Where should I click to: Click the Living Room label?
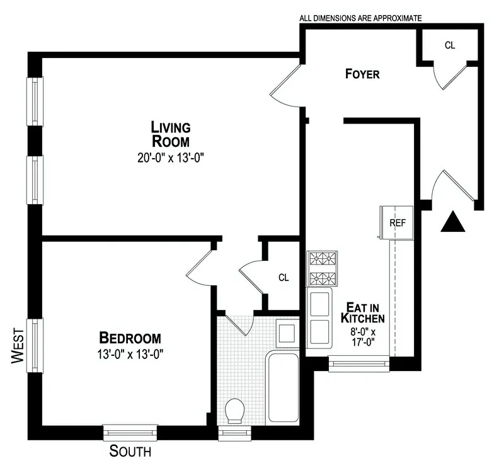pyautogui.click(x=170, y=134)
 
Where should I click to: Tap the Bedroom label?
pyautogui.click(x=129, y=338)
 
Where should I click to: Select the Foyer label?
pyautogui.click(x=362, y=74)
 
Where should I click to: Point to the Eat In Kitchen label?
pyautogui.click(x=364, y=313)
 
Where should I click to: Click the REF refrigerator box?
pyautogui.click(x=397, y=223)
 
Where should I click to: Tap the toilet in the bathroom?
pyautogui.click(x=235, y=411)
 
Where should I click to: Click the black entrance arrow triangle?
pyautogui.click(x=452, y=222)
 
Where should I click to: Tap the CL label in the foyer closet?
pyautogui.click(x=450, y=45)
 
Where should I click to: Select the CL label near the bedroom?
pyautogui.click(x=283, y=277)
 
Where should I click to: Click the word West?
pyautogui.click(x=18, y=348)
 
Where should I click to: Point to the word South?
pyautogui.click(x=130, y=451)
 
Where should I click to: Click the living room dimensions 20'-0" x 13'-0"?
pyautogui.click(x=170, y=158)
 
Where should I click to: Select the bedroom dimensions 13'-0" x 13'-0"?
pyautogui.click(x=129, y=354)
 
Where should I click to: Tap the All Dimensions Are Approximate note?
pyautogui.click(x=360, y=18)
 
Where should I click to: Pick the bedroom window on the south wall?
pyautogui.click(x=130, y=432)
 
